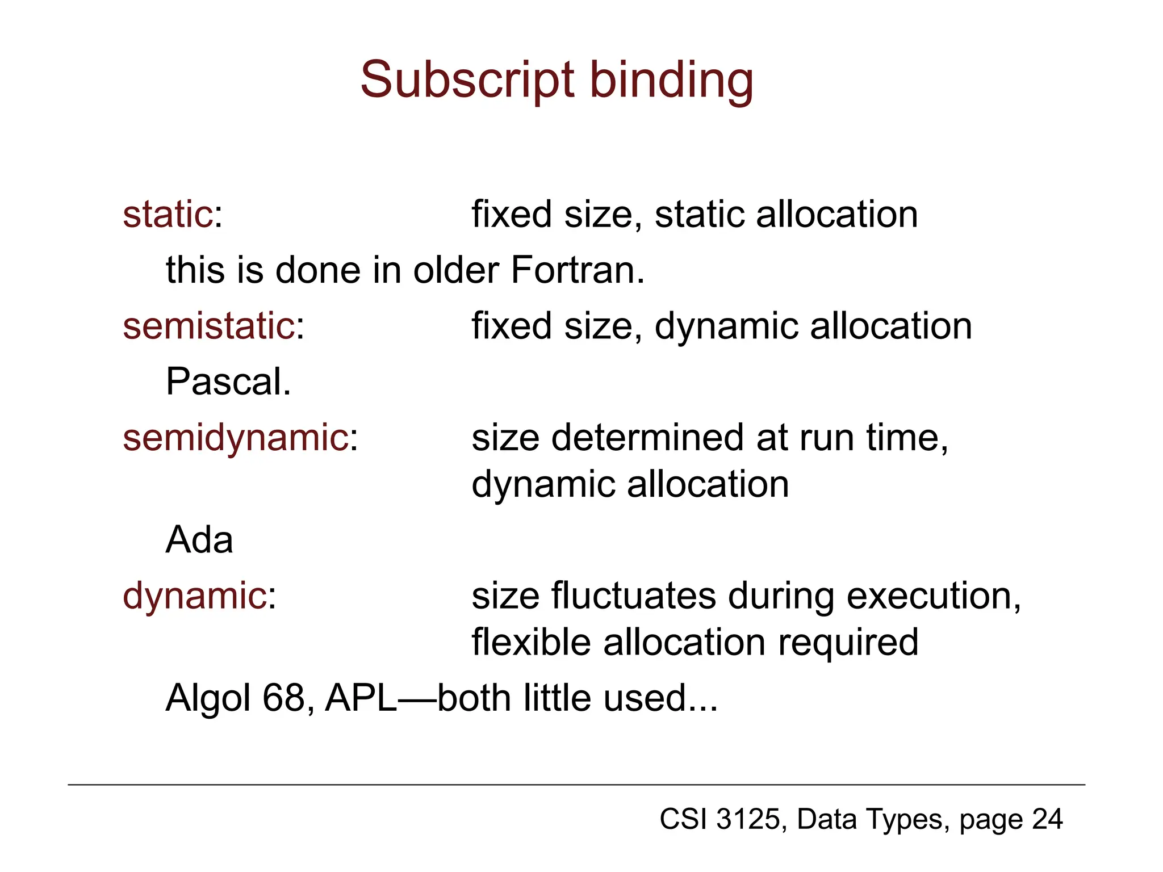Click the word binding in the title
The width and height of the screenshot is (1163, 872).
click(x=672, y=81)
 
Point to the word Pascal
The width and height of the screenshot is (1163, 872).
click(x=228, y=381)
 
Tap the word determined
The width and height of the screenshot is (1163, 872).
click(x=647, y=438)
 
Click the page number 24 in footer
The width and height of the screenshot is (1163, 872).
click(x=1047, y=819)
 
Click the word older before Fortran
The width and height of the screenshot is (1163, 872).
click(x=456, y=270)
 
